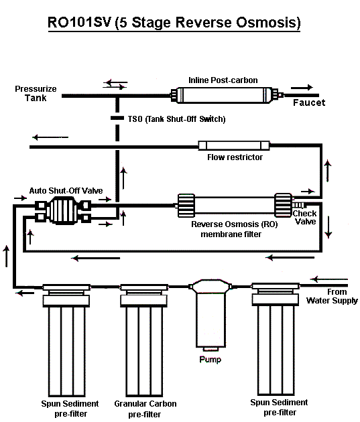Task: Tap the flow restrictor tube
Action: [x=234, y=145]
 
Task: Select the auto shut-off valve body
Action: [x=63, y=210]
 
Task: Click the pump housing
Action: [x=211, y=315]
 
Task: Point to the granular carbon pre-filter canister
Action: [x=144, y=340]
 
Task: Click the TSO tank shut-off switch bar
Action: [x=117, y=118]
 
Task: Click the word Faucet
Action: [x=309, y=102]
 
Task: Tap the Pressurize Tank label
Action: [x=36, y=93]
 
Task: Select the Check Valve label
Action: [x=304, y=218]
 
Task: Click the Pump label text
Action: [x=211, y=360]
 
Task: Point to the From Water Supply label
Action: [x=332, y=296]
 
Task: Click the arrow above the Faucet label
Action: [x=302, y=87]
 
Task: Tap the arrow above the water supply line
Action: [x=329, y=279]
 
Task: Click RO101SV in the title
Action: [x=79, y=22]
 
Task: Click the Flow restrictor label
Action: [x=235, y=157]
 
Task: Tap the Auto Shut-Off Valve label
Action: [x=66, y=191]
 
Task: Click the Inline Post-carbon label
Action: [x=223, y=80]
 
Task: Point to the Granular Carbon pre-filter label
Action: [x=145, y=409]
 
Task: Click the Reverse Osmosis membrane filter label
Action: [x=234, y=229]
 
